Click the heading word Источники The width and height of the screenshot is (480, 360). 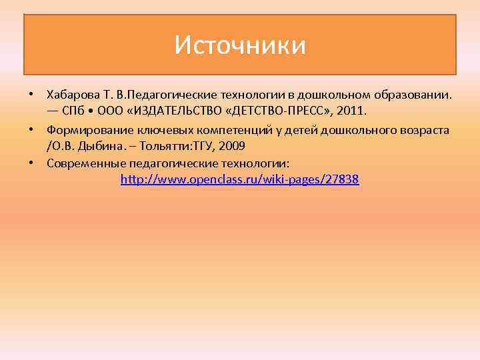(x=240, y=45)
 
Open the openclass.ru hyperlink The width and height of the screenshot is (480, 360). (x=240, y=179)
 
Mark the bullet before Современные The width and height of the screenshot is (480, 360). (x=31, y=162)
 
